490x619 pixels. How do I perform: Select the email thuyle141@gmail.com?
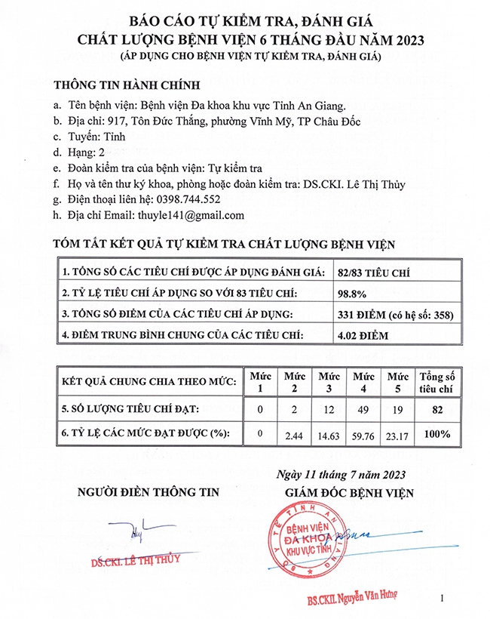point(191,215)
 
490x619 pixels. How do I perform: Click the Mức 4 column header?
point(364,381)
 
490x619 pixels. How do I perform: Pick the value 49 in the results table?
point(364,409)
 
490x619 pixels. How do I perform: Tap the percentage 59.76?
point(364,435)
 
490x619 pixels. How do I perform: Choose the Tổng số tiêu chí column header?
point(436,381)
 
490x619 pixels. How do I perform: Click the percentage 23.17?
point(398,435)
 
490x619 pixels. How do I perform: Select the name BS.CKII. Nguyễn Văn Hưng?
point(351,599)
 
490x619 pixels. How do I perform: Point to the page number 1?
point(442,599)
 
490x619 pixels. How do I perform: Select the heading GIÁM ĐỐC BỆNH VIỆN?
point(348,492)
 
